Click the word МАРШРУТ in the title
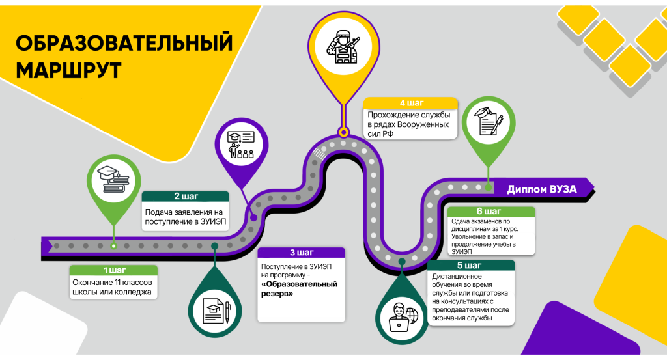click(68, 70)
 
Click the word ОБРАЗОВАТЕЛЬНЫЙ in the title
click(124, 43)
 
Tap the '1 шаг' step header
click(113, 270)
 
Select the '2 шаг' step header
click(186, 197)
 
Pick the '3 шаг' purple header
click(301, 253)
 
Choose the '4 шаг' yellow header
click(411, 103)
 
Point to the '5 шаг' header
click(470, 265)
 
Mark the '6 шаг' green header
click(491, 211)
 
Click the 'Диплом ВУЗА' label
click(541, 189)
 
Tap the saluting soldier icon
click(344, 47)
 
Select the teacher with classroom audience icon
click(241, 145)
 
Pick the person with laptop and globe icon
click(403, 317)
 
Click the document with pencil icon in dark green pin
click(216, 311)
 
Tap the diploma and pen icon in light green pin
click(489, 121)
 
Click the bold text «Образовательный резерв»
click(299, 288)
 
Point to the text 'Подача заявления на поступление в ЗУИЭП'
click(186, 217)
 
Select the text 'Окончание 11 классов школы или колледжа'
click(112, 287)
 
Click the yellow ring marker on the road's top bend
click(343, 132)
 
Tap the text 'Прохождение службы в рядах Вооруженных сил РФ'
click(408, 124)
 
